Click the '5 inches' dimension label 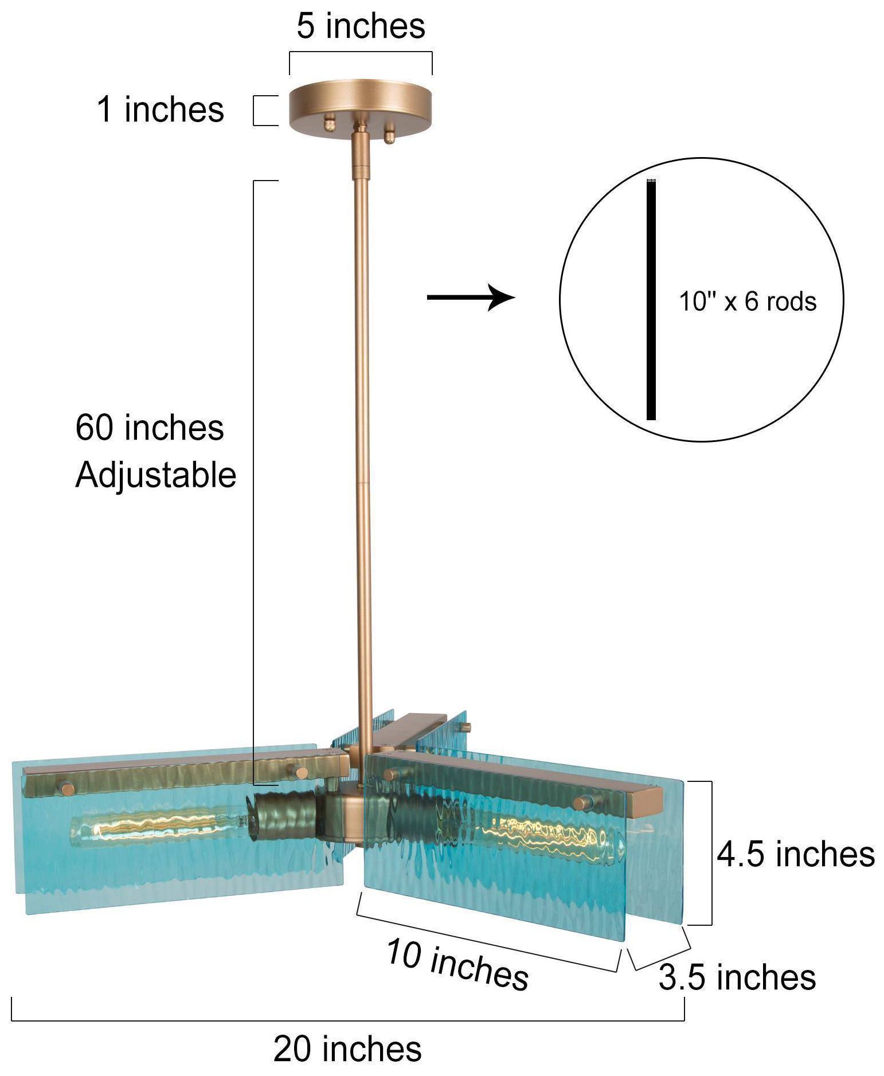tap(361, 26)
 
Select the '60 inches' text tap(150, 428)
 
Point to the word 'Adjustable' tap(155, 476)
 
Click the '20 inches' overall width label tap(347, 1049)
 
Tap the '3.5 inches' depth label tap(737, 977)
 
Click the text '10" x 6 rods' tap(748, 302)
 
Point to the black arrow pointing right tap(471, 297)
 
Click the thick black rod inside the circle tap(651, 300)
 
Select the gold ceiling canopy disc tap(361, 103)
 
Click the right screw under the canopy tap(390, 135)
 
